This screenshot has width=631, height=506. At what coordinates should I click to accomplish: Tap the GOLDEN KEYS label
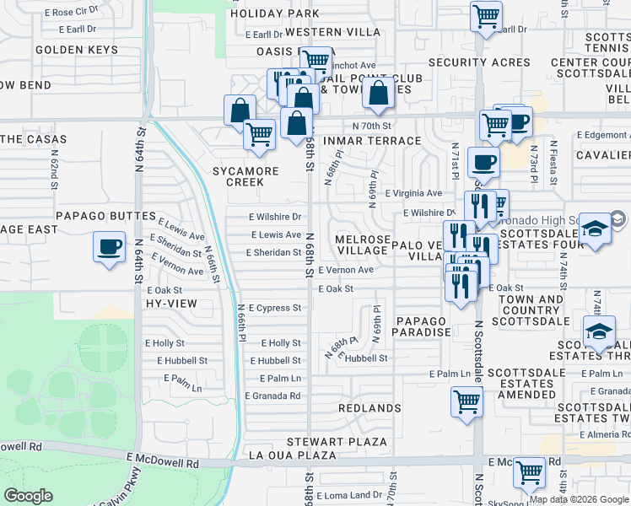76,51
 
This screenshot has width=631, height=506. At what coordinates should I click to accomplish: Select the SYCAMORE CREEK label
245,176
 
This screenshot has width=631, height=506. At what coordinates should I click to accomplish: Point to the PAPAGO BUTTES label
106,217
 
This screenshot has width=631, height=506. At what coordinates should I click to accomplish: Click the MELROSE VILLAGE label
362,245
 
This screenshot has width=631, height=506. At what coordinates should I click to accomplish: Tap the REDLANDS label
369,408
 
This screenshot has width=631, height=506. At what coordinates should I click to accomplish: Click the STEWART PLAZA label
337,442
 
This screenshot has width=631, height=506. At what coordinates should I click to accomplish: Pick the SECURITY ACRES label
479,62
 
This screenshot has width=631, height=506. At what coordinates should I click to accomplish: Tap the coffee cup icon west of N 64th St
109,247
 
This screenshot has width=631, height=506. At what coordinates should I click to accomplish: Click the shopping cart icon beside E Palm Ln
467,401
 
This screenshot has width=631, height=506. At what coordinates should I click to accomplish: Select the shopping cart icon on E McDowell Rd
529,472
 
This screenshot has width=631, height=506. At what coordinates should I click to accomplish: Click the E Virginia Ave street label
413,193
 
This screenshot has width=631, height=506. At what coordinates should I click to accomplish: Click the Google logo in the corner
28,496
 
